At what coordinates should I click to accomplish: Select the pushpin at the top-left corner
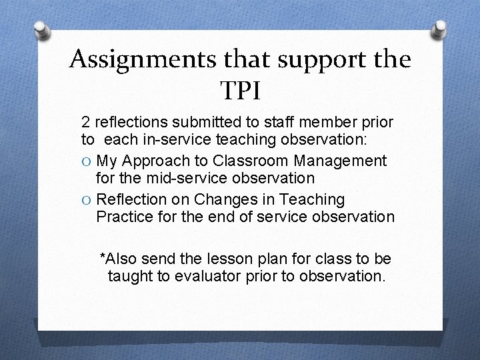[41, 31]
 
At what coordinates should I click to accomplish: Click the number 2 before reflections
[85, 123]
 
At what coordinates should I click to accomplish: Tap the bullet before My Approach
[87, 161]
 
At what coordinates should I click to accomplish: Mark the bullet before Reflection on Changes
[87, 200]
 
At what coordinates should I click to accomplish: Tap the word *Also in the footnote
[119, 258]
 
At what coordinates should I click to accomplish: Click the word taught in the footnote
[130, 275]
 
